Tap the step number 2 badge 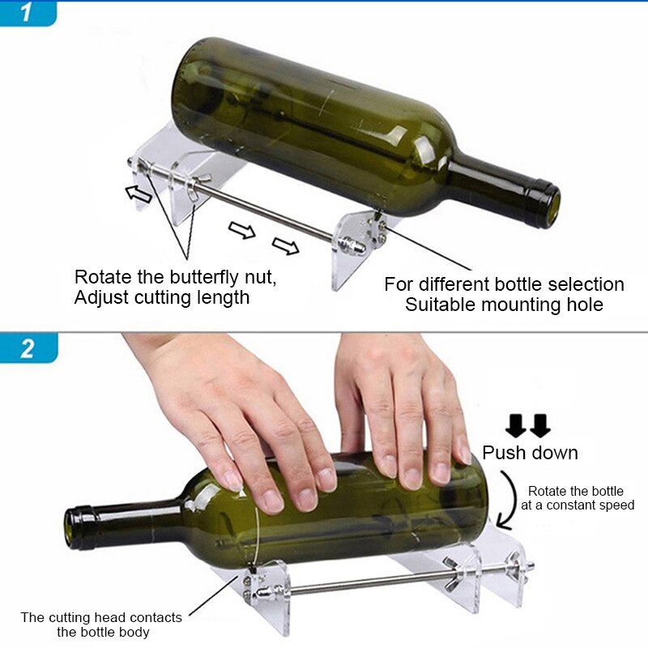point(28,347)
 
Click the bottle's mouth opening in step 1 point(552,206)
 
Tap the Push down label point(530,452)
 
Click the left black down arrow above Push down point(516,424)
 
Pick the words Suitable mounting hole point(504,305)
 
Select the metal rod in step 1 point(267,212)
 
